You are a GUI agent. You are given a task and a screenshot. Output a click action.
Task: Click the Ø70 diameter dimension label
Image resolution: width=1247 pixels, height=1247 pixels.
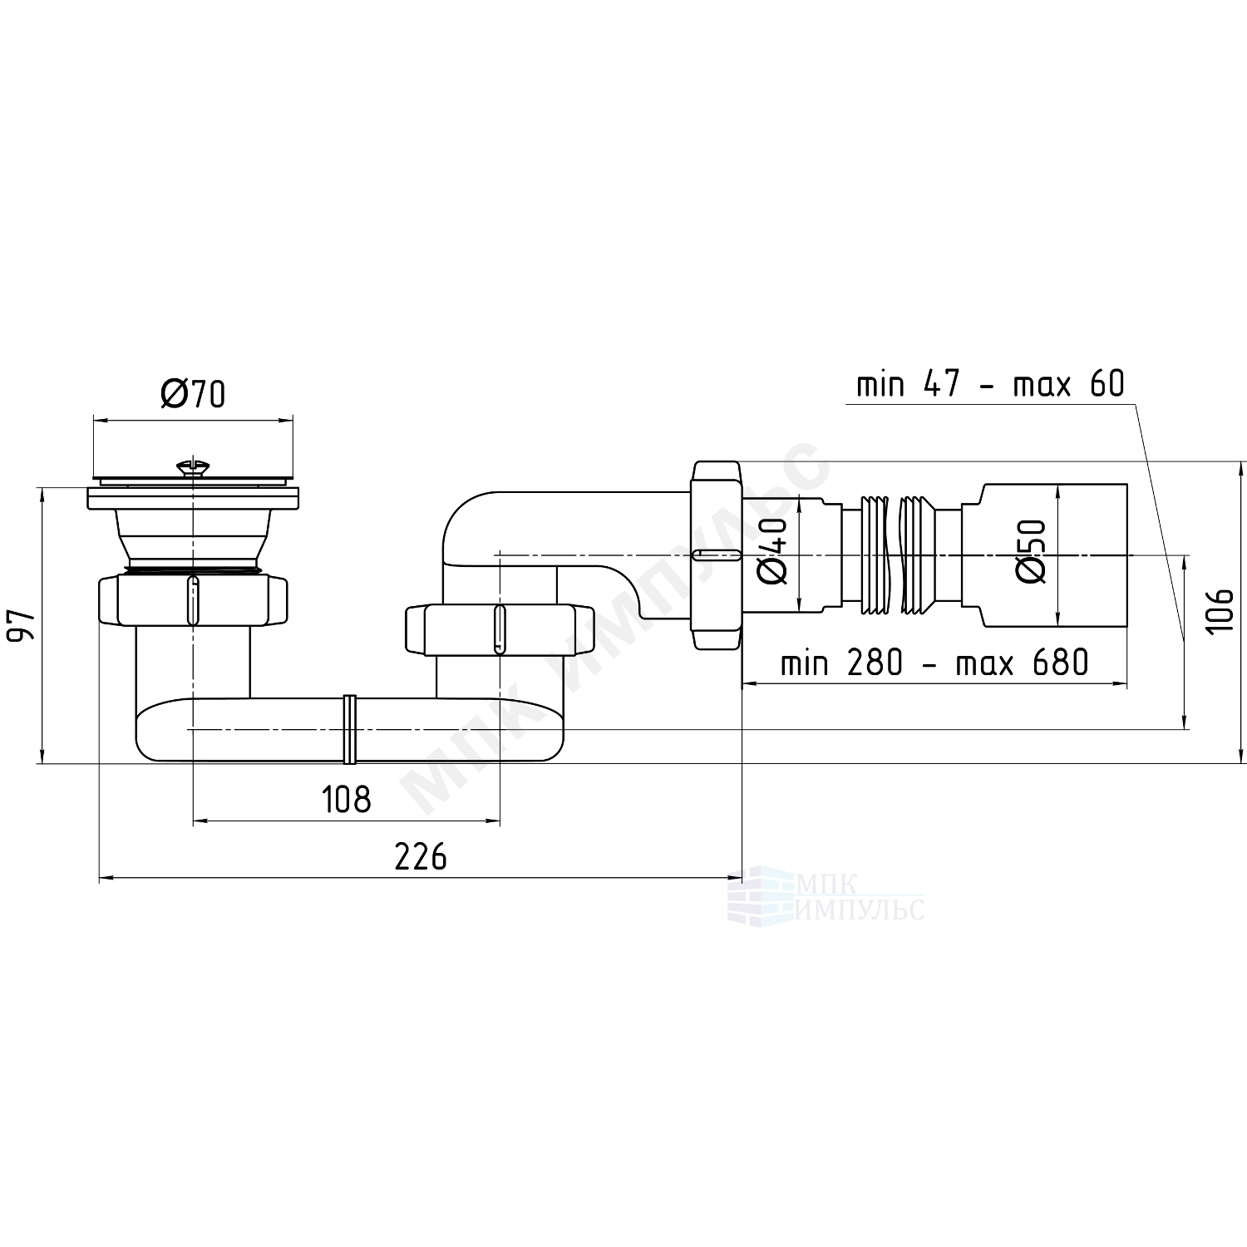point(193,394)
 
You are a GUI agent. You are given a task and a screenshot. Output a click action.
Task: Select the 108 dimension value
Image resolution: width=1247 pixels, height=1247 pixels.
point(346,800)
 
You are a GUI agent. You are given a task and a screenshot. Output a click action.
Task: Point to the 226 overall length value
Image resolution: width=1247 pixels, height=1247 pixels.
point(421,856)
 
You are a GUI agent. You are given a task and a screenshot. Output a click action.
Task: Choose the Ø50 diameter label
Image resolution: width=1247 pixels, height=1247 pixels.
point(1030,551)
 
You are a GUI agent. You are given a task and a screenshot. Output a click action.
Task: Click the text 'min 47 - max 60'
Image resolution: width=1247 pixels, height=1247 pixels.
point(990,385)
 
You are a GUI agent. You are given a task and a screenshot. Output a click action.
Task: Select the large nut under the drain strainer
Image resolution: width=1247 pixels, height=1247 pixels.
point(193,599)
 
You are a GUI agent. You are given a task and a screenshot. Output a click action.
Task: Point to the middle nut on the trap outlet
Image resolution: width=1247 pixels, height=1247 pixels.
point(498,631)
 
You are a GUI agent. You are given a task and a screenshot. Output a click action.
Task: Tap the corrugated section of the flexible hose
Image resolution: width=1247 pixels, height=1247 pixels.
point(901,555)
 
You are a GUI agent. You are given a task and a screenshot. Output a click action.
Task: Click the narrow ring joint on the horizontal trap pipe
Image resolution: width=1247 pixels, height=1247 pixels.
point(350,729)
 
